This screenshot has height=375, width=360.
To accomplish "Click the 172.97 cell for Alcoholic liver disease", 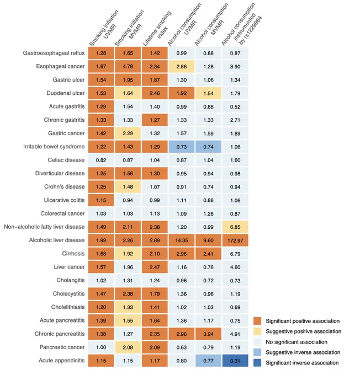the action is (235, 240).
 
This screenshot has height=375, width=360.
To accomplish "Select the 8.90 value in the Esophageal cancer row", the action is (235, 67).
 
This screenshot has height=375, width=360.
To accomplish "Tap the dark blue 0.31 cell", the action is (235, 361).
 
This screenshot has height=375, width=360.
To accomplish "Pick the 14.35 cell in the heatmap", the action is (182, 240).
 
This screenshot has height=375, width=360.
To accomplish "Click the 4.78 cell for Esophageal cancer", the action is (128, 67).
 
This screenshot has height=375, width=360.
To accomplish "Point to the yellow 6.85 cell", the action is (235, 227).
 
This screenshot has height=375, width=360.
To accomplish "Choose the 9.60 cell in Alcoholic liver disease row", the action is (208, 240).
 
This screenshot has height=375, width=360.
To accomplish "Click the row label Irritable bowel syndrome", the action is (54, 147).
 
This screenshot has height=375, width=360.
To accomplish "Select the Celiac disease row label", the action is (66, 160).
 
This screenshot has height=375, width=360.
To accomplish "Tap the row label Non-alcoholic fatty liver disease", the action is (44, 227).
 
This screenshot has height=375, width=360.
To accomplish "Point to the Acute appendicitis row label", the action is (62, 361).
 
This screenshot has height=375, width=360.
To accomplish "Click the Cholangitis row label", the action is (71, 280).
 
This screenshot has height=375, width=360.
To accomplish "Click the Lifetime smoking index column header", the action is (157, 28).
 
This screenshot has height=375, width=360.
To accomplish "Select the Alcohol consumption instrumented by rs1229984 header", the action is (241, 24).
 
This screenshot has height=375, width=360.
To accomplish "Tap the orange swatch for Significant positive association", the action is (257, 321).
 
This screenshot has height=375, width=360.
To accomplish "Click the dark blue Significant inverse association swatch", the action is (257, 363).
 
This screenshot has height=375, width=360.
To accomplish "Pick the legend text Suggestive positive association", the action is (304, 331).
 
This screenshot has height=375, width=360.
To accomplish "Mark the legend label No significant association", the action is (297, 342).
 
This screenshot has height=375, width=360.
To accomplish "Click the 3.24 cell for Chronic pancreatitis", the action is (208, 334).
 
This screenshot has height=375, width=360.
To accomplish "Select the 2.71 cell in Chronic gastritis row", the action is (235, 120).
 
